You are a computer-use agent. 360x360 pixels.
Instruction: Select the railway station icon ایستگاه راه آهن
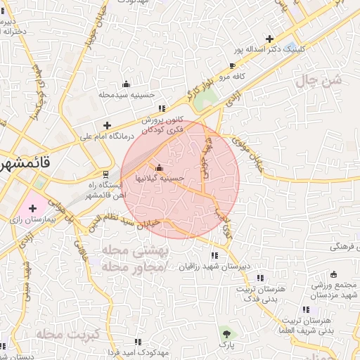105,173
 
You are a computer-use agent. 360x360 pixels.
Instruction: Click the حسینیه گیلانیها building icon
159,167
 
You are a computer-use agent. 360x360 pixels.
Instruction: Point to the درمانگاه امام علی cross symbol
107,125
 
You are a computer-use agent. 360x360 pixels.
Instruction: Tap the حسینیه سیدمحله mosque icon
127,84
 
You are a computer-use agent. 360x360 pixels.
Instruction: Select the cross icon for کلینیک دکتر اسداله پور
270,39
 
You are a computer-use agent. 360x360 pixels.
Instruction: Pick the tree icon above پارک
226,333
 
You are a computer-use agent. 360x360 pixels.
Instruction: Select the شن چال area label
330,82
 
